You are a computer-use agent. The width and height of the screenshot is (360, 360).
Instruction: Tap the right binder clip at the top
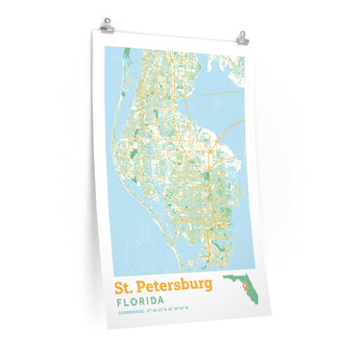pos(242,39)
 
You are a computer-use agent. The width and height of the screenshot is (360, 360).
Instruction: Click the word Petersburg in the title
pos(174,287)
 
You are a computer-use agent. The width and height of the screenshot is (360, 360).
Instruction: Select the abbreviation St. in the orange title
pos(126,286)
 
